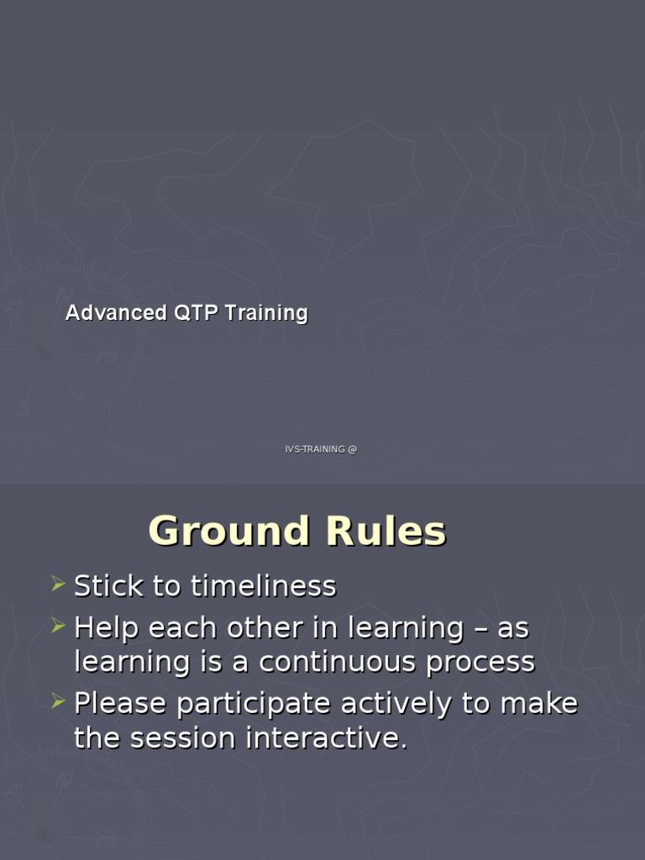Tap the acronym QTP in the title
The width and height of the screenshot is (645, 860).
click(195, 313)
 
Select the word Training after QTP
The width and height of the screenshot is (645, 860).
click(266, 314)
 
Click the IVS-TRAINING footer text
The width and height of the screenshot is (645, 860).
click(314, 449)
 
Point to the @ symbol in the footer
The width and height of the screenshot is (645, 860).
click(352, 449)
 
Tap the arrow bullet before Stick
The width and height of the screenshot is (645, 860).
click(57, 584)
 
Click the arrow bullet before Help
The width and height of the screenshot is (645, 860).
click(57, 626)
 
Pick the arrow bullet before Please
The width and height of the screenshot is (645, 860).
click(57, 701)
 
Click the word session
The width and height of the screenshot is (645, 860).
click(182, 739)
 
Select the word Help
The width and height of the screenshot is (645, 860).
click(105, 628)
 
